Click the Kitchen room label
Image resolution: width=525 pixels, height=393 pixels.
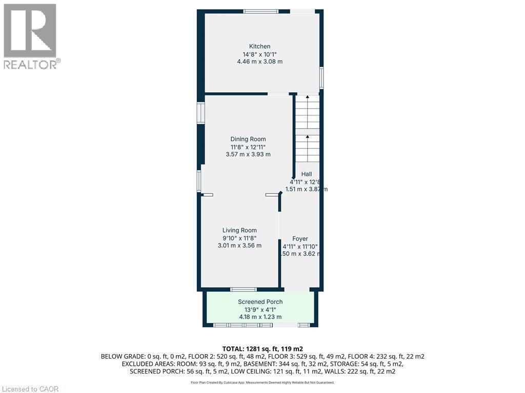pyautogui.click(x=259, y=47)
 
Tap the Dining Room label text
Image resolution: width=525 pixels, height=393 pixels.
pyautogui.click(x=248, y=139)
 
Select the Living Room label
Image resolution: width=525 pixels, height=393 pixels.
pyautogui.click(x=239, y=230)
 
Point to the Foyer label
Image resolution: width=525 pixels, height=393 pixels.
pyautogui.click(x=300, y=239)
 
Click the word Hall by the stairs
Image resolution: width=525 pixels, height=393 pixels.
pyautogui.click(x=307, y=174)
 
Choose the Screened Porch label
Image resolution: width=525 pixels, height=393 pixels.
pyautogui.click(x=260, y=302)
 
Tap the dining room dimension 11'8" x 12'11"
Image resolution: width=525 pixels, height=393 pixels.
pyautogui.click(x=248, y=147)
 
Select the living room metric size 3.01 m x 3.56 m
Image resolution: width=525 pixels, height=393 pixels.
pyautogui.click(x=239, y=246)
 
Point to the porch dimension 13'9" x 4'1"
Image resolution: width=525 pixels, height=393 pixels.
pyautogui.click(x=260, y=310)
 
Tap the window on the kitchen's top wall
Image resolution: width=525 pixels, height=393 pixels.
pyautogui.click(x=260, y=11)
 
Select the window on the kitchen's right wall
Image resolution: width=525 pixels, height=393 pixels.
pyautogui.click(x=321, y=78)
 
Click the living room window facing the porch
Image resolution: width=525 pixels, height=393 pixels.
pyautogui.click(x=243, y=290)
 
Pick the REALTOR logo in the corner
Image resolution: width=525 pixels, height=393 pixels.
pyautogui.click(x=30, y=36)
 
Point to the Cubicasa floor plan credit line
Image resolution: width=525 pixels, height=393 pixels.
pyautogui.click(x=262, y=382)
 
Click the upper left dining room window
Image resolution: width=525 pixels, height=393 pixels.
pyautogui.click(x=201, y=113)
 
